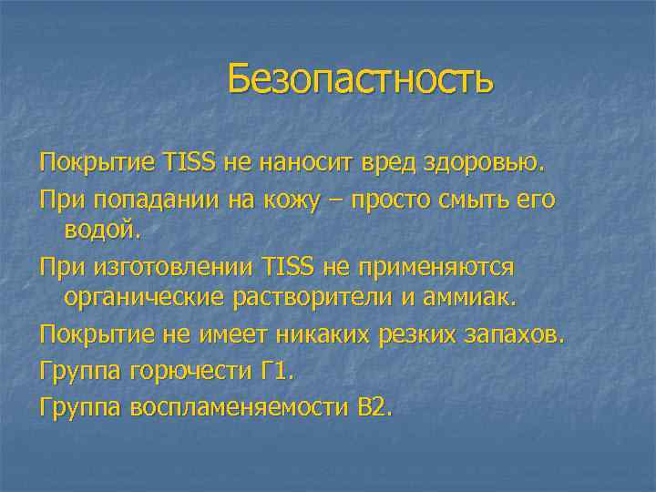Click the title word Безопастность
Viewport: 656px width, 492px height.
coord(360,79)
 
